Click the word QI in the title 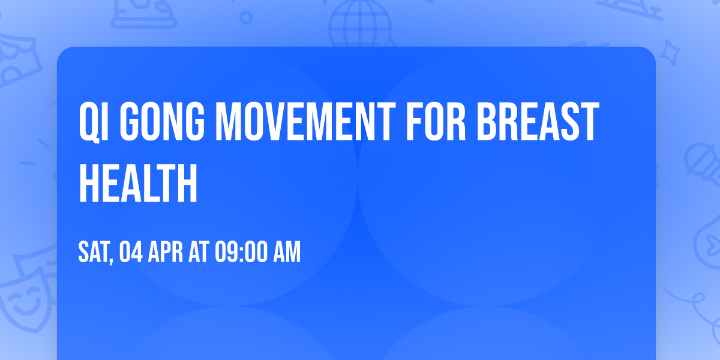94,122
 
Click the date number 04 132,253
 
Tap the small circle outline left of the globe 245,17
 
